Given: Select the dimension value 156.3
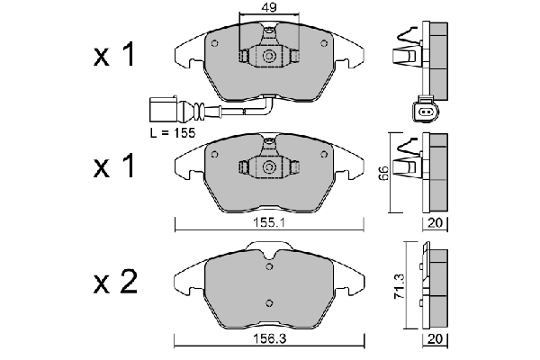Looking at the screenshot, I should click(x=270, y=339).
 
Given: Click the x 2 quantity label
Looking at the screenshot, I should click(x=115, y=284).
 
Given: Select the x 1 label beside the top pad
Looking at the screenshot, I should click(x=115, y=56).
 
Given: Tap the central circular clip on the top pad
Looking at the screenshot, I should click(x=268, y=56).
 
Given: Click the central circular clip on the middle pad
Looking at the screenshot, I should click(x=268, y=168).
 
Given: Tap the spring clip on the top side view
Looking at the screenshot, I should click(x=407, y=49).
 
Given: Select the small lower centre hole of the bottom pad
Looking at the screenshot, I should click(x=267, y=301).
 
